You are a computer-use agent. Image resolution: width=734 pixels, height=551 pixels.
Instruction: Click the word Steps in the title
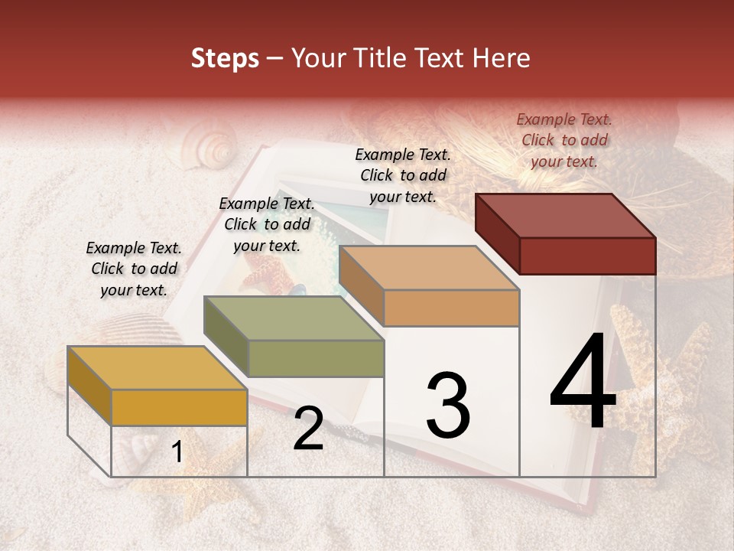(x=225, y=58)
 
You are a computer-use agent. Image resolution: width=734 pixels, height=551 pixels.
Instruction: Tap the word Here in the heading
(x=502, y=58)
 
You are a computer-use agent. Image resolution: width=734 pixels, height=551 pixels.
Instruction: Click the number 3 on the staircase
(x=448, y=406)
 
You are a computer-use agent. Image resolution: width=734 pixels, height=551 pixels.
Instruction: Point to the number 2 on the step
(x=308, y=429)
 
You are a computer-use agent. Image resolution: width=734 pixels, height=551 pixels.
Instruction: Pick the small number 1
(x=177, y=452)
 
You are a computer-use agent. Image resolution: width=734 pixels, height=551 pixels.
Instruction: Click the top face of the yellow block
(x=157, y=368)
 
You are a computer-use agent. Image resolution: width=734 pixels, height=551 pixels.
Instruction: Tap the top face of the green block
(x=293, y=318)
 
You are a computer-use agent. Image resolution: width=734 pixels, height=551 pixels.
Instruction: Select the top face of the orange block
(x=428, y=269)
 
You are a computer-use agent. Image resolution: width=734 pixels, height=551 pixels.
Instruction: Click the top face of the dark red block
(x=565, y=216)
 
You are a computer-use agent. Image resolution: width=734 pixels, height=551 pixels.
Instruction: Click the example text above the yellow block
(x=134, y=269)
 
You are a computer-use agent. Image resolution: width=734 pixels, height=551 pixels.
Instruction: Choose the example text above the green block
(x=267, y=224)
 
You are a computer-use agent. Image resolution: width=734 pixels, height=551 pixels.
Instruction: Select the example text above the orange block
(x=403, y=175)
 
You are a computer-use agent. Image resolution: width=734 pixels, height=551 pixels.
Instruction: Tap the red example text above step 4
(x=564, y=140)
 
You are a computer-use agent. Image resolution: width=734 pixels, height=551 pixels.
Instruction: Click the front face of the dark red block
(x=587, y=256)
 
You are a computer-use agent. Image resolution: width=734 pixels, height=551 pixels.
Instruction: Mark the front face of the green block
(x=316, y=358)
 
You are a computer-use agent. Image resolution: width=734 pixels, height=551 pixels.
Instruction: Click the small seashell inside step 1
(x=142, y=448)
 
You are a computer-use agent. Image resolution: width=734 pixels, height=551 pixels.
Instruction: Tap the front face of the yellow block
(x=179, y=407)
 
